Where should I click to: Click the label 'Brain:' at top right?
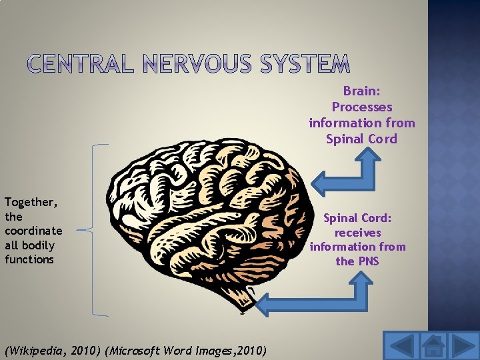[362, 91]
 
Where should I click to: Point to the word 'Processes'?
[362, 107]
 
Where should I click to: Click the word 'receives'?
[358, 233]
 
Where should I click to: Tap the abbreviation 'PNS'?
[367, 261]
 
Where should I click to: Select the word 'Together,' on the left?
[31, 202]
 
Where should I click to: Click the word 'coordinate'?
[33, 231]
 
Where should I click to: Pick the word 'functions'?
[29, 259]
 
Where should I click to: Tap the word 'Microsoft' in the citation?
[136, 350]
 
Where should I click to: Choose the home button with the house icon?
[434, 346]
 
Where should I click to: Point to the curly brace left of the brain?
[91, 229]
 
